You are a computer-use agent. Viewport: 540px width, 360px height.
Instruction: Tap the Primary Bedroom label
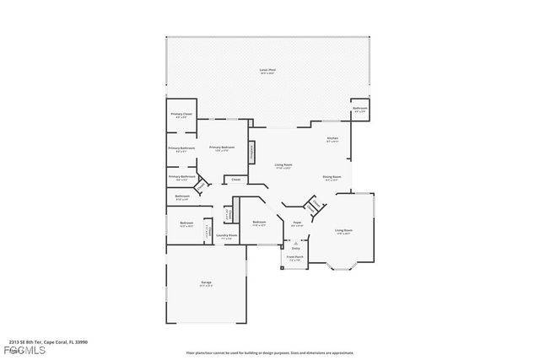[x=222, y=148]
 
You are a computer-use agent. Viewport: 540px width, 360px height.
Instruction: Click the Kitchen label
[x=332, y=139]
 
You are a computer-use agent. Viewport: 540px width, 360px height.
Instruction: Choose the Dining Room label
[x=330, y=177]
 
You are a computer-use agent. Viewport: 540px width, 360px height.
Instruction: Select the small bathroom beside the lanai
[x=359, y=110]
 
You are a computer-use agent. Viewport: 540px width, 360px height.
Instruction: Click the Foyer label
[x=297, y=223]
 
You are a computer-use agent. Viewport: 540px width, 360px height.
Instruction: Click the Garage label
[x=206, y=282]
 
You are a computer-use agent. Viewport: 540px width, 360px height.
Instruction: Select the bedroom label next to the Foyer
[x=259, y=223]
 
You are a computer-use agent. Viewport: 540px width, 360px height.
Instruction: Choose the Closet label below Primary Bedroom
[x=235, y=179]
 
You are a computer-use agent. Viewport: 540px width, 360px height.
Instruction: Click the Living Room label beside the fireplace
[x=283, y=165]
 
